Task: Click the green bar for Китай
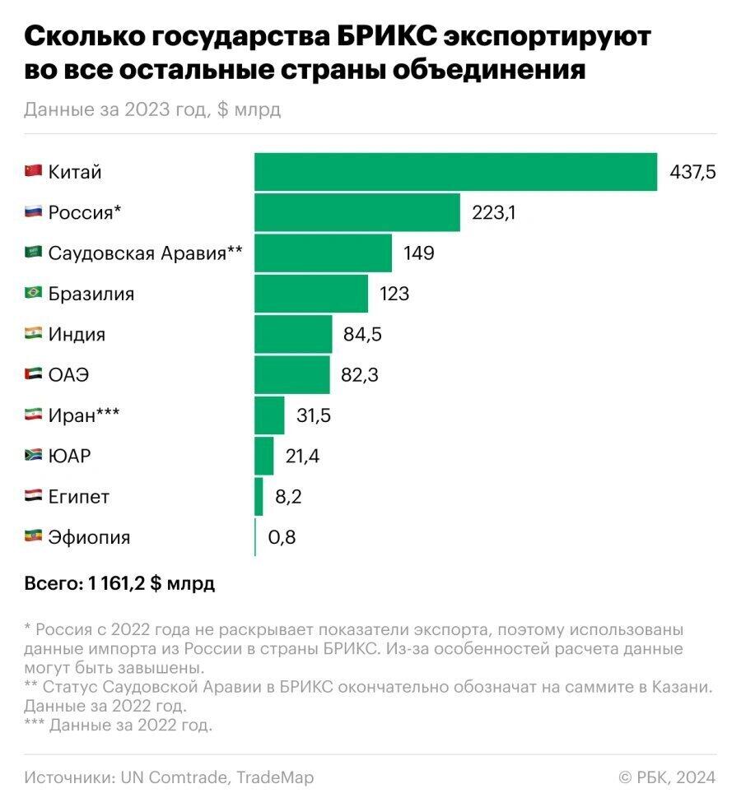click(x=455, y=172)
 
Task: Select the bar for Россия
click(x=357, y=212)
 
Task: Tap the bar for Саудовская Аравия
click(x=323, y=253)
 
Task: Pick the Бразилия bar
click(x=310, y=293)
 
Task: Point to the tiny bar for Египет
click(x=259, y=497)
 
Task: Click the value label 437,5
click(x=693, y=172)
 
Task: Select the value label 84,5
click(x=362, y=335)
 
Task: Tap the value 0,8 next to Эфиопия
click(x=282, y=538)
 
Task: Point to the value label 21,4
click(x=302, y=457)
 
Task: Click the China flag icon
click(x=33, y=171)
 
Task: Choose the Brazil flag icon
click(x=33, y=293)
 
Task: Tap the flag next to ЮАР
click(x=33, y=456)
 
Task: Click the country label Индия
click(x=77, y=335)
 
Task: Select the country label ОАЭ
click(x=68, y=375)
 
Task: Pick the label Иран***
click(x=84, y=415)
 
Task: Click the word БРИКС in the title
click(x=388, y=37)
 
